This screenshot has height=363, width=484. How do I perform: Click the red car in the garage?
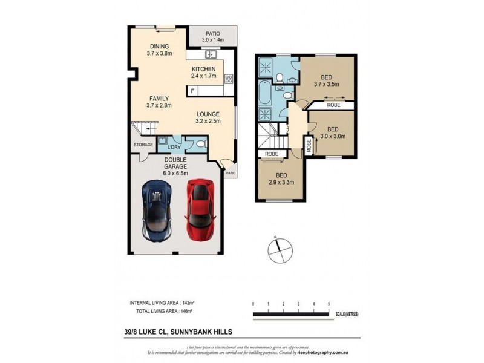tap(199, 209)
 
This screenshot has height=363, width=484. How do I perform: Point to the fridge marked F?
tap(192, 91)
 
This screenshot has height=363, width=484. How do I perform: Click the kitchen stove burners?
tap(229, 78)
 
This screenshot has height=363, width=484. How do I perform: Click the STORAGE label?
tap(143, 145)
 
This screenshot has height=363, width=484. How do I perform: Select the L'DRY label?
tap(174, 147)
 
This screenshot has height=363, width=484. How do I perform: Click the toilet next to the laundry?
tap(201, 143)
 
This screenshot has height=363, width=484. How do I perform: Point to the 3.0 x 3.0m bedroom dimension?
tap(332, 136)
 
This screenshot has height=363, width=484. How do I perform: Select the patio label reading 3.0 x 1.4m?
tap(212, 40)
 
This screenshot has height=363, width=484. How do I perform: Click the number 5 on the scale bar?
tap(329, 303)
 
